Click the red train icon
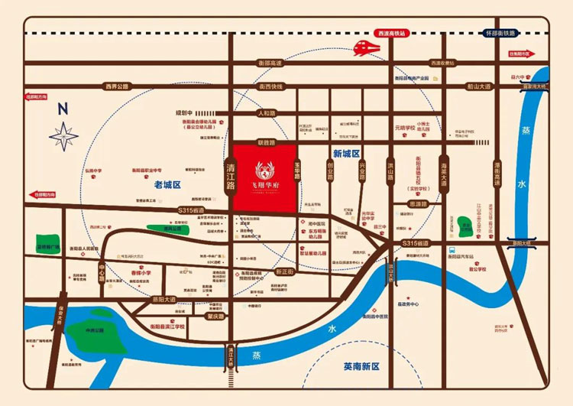pos(368,48)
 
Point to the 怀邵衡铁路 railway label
pos(500,34)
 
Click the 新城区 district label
pos(346,154)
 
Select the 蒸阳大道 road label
pos(163,298)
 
